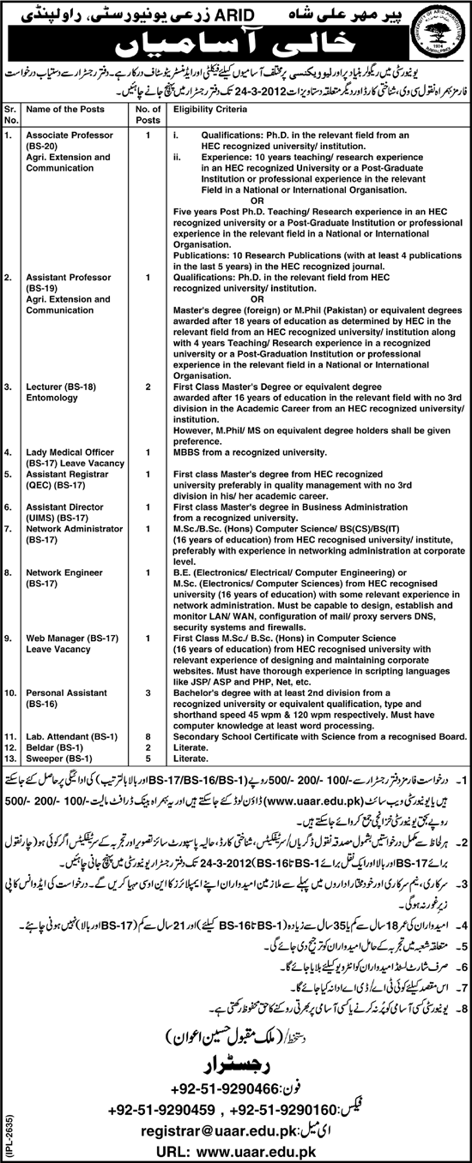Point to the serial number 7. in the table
tap(9, 530)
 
